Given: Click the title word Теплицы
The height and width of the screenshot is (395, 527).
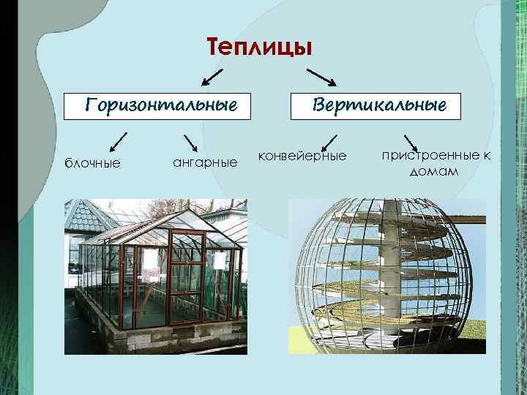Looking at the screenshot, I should (260, 47).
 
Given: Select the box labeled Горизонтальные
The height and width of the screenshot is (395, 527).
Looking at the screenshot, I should (161, 105).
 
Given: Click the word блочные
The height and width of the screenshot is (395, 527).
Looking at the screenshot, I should (92, 162).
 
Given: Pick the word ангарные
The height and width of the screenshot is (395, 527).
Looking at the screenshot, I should (205, 161).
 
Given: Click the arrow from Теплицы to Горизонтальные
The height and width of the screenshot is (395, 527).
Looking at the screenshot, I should (212, 76).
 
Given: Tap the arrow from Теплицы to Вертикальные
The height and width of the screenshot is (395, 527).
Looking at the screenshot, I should (321, 77).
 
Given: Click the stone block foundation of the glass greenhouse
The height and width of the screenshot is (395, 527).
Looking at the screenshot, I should (176, 335).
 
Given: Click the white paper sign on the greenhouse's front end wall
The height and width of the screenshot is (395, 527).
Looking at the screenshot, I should (220, 260).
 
